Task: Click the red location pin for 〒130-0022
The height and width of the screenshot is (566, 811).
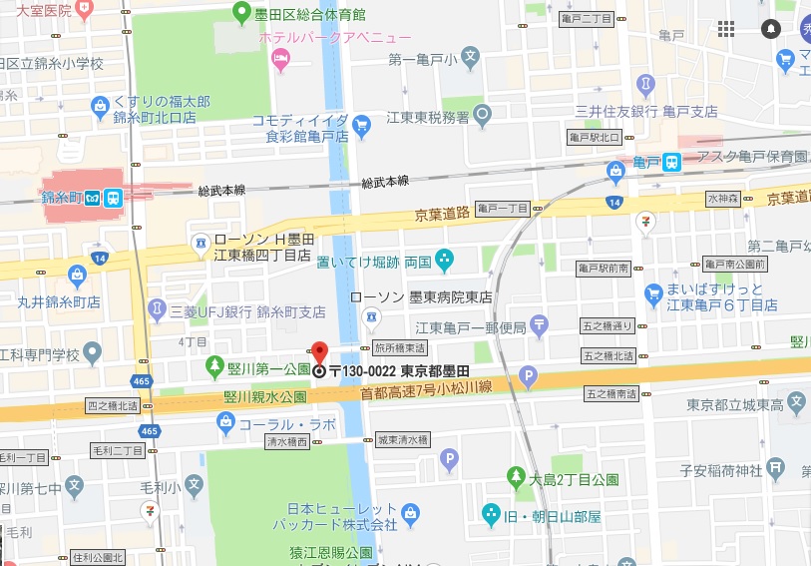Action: [x=319, y=352]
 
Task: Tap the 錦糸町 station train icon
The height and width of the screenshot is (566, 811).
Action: [x=113, y=198]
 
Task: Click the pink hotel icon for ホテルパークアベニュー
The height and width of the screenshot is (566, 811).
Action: [x=281, y=61]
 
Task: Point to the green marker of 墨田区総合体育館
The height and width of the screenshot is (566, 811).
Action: [x=240, y=13]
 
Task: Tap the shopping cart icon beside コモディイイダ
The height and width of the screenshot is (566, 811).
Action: [x=361, y=126]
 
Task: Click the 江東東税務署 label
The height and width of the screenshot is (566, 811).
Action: [x=428, y=116]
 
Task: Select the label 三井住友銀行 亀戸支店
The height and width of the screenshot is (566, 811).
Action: [x=645, y=110]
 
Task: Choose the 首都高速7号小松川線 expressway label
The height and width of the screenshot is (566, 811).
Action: [x=418, y=392]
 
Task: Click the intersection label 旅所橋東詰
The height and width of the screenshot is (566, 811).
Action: [x=400, y=349]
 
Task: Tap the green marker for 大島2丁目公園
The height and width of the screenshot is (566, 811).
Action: [x=516, y=476]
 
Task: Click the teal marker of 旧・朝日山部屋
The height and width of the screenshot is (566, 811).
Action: [x=491, y=514]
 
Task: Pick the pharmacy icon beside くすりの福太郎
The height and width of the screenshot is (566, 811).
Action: [x=100, y=106]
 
